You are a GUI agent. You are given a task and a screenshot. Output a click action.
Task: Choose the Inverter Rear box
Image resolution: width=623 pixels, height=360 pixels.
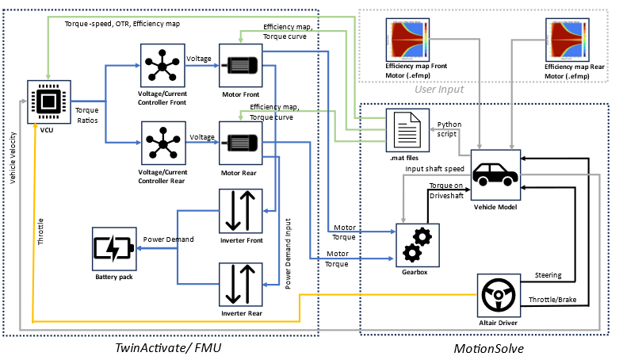[x=241, y=285]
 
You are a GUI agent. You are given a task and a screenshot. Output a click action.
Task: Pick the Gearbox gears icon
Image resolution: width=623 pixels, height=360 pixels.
[x=417, y=243]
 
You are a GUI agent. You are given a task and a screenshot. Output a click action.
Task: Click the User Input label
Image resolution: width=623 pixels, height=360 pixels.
[x=440, y=90]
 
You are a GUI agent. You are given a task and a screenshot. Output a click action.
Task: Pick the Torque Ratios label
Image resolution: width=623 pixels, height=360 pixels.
[x=86, y=115]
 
